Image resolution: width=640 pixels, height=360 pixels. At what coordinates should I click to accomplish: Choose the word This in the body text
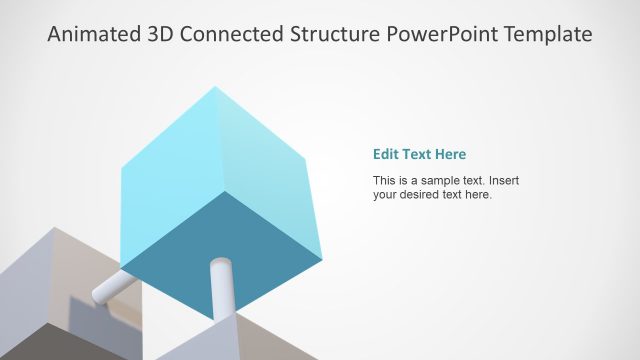point(385,181)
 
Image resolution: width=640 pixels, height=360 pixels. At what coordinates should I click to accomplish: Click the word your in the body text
point(386,195)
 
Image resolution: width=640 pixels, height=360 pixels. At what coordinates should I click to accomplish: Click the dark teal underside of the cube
point(225,245)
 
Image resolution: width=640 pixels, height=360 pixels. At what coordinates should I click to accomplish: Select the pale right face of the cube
point(270,170)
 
